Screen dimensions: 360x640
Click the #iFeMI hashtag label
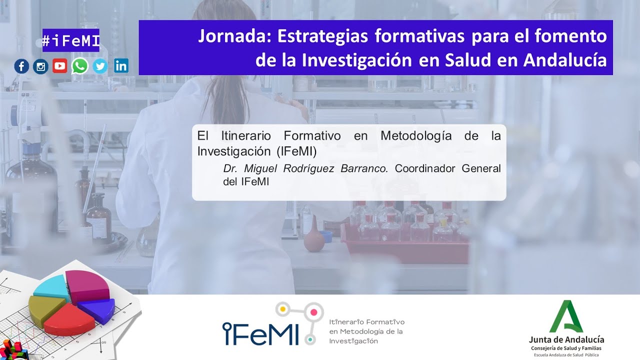point(71,40)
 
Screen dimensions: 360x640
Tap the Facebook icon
point(21,66)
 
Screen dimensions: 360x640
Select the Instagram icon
point(40,66)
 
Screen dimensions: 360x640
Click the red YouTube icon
point(60,66)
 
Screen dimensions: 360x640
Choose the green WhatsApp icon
point(79,66)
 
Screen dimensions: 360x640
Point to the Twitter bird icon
point(100,66)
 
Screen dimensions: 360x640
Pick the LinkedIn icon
point(121,65)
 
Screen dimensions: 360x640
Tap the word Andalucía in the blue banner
point(565,60)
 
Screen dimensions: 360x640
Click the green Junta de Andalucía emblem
point(566,317)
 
